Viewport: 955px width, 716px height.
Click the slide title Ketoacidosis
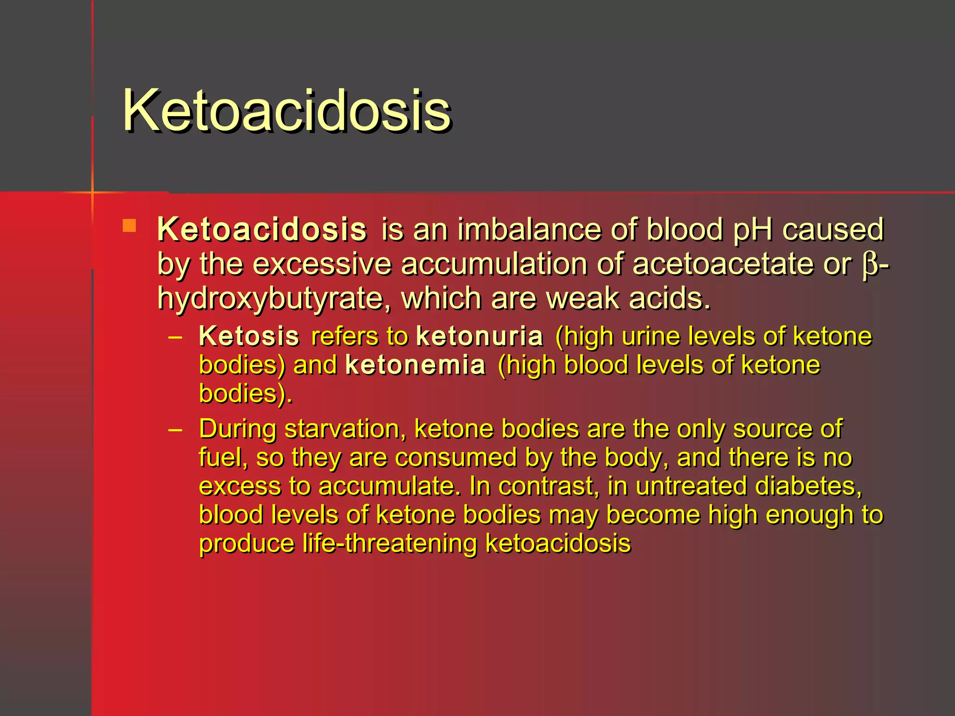(x=286, y=111)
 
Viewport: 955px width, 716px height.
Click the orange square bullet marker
(x=129, y=226)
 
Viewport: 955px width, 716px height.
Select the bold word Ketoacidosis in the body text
(x=262, y=229)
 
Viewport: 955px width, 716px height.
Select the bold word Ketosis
(x=249, y=336)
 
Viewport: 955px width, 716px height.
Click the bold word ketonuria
(x=479, y=336)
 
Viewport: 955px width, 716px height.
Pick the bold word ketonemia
(x=415, y=365)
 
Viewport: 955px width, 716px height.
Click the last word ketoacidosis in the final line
(x=558, y=544)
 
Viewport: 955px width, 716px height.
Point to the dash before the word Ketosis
(x=175, y=337)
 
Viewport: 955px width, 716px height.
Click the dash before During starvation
(x=175, y=429)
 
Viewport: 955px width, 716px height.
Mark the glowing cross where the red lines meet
(x=92, y=192)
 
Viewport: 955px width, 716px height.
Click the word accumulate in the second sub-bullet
(x=387, y=486)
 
